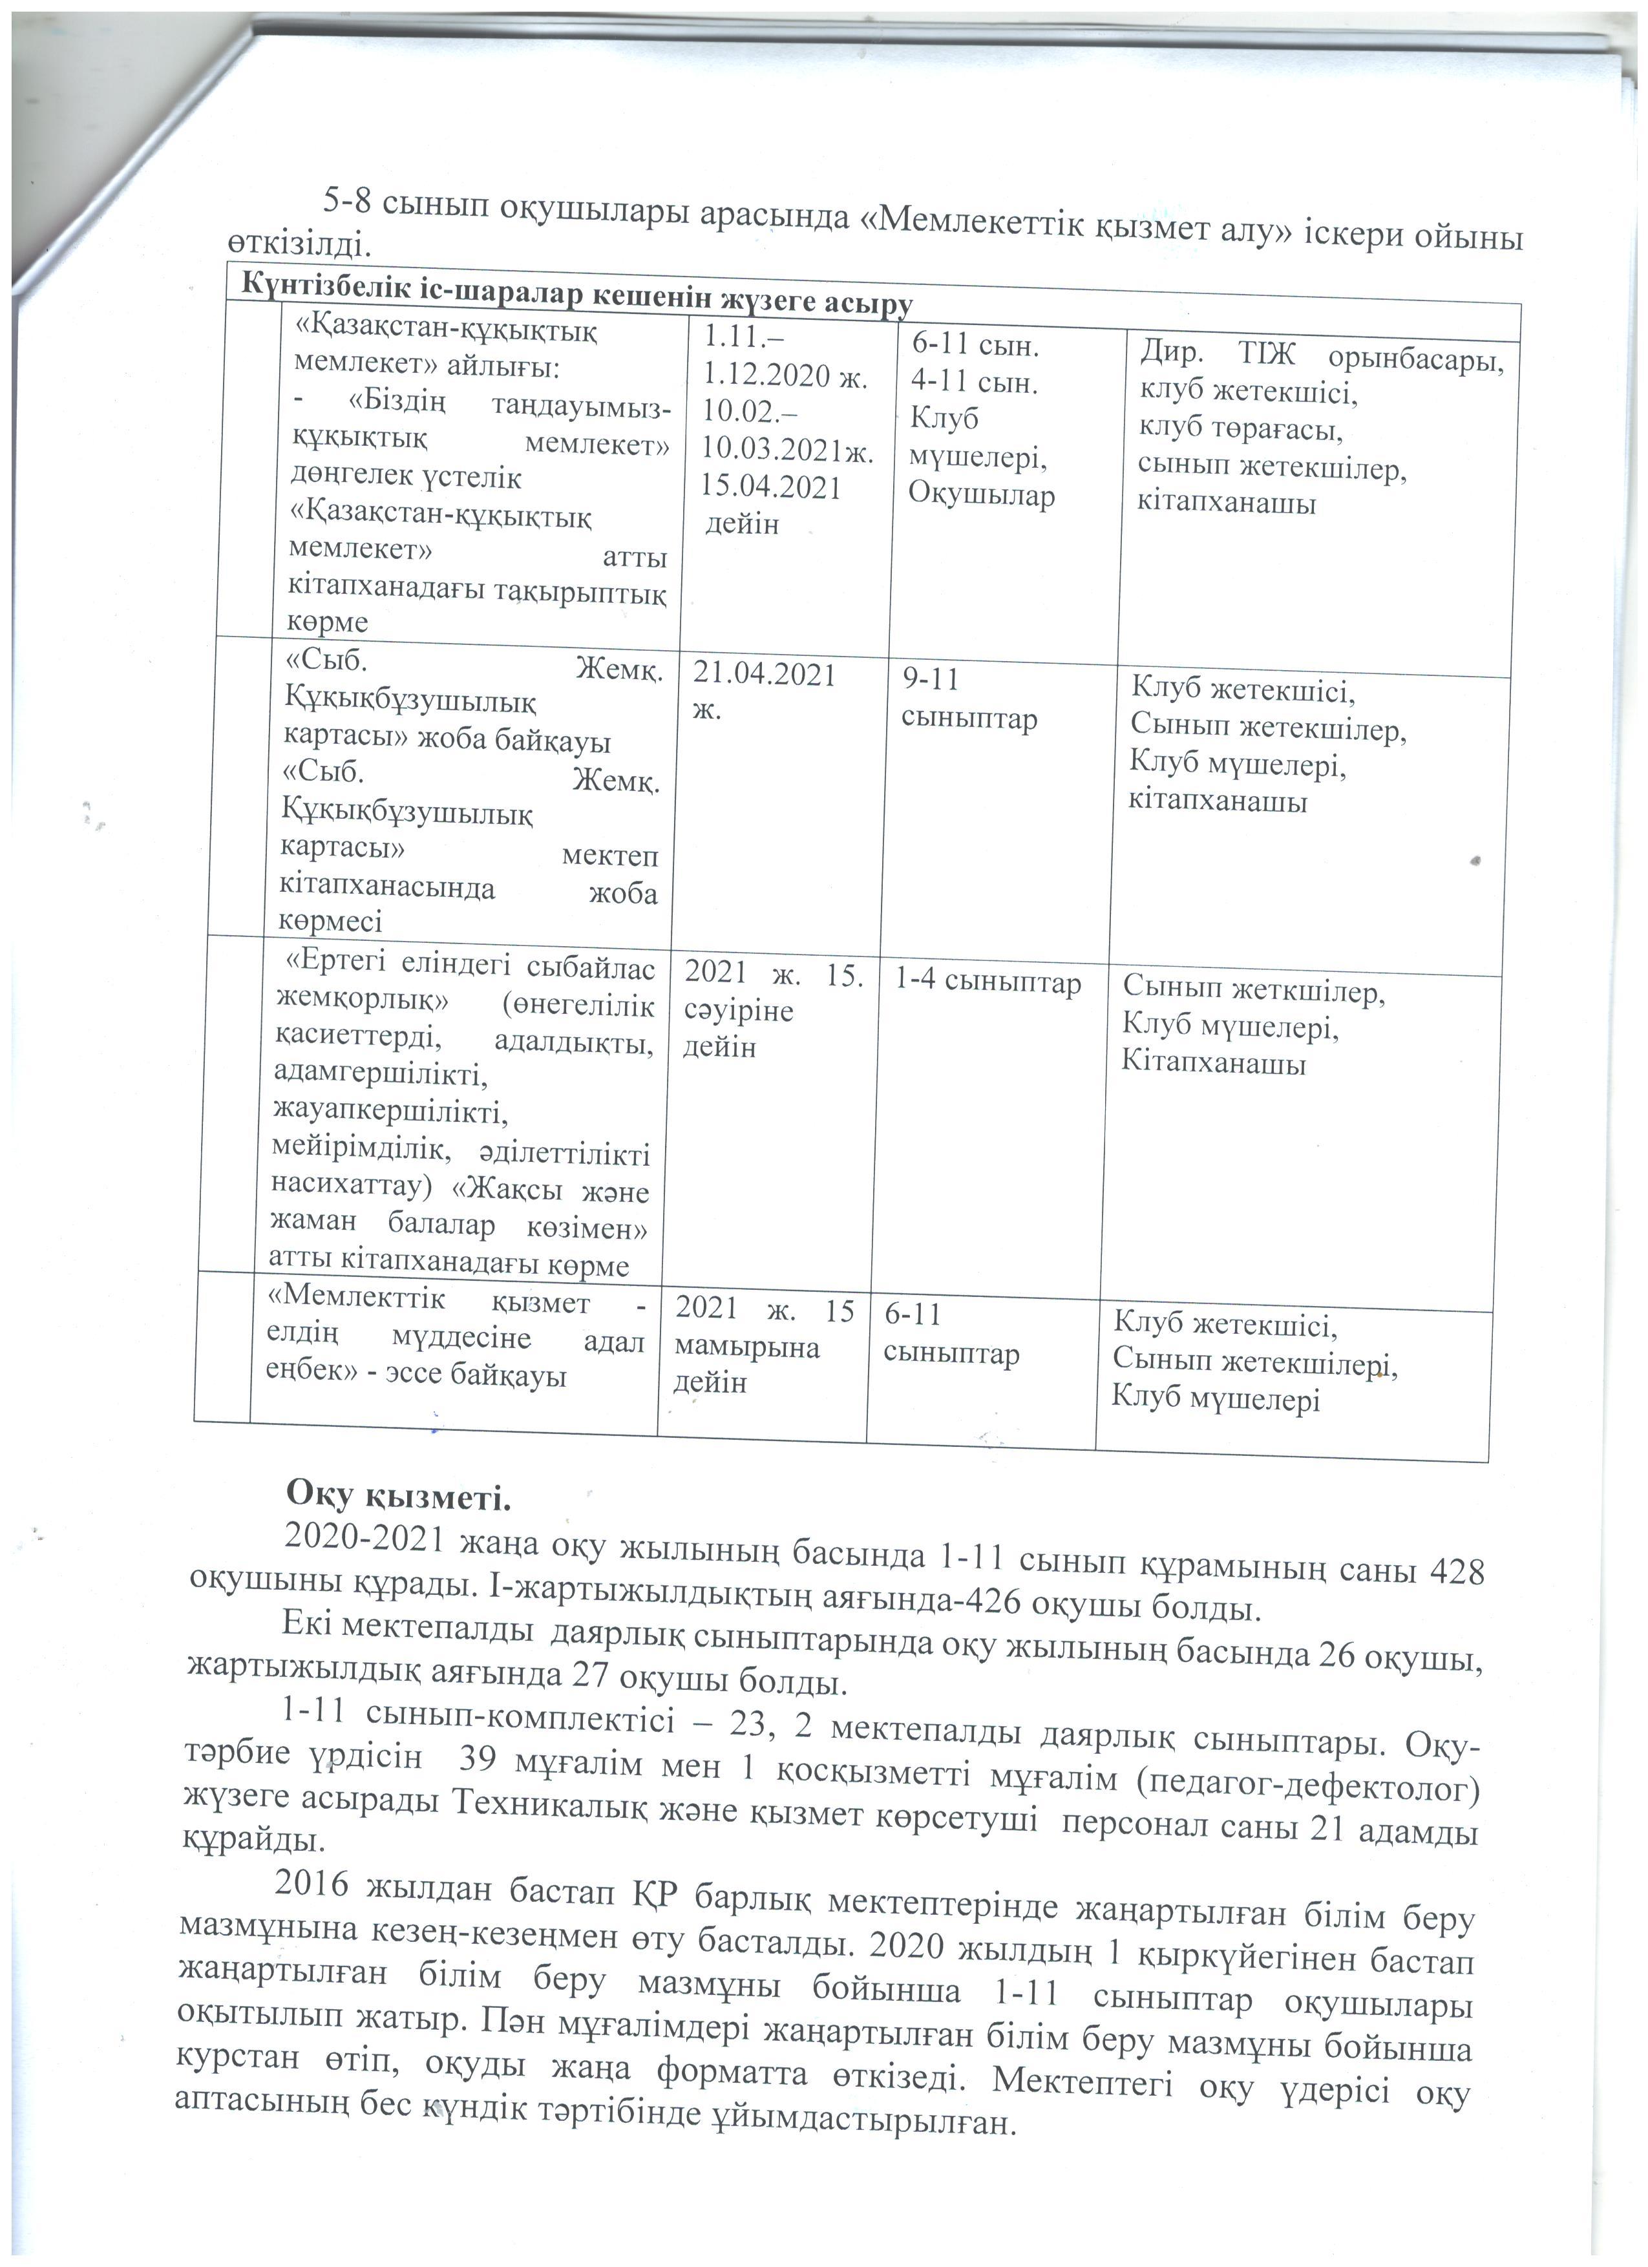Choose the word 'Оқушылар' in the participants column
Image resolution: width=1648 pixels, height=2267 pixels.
pos(982,496)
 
